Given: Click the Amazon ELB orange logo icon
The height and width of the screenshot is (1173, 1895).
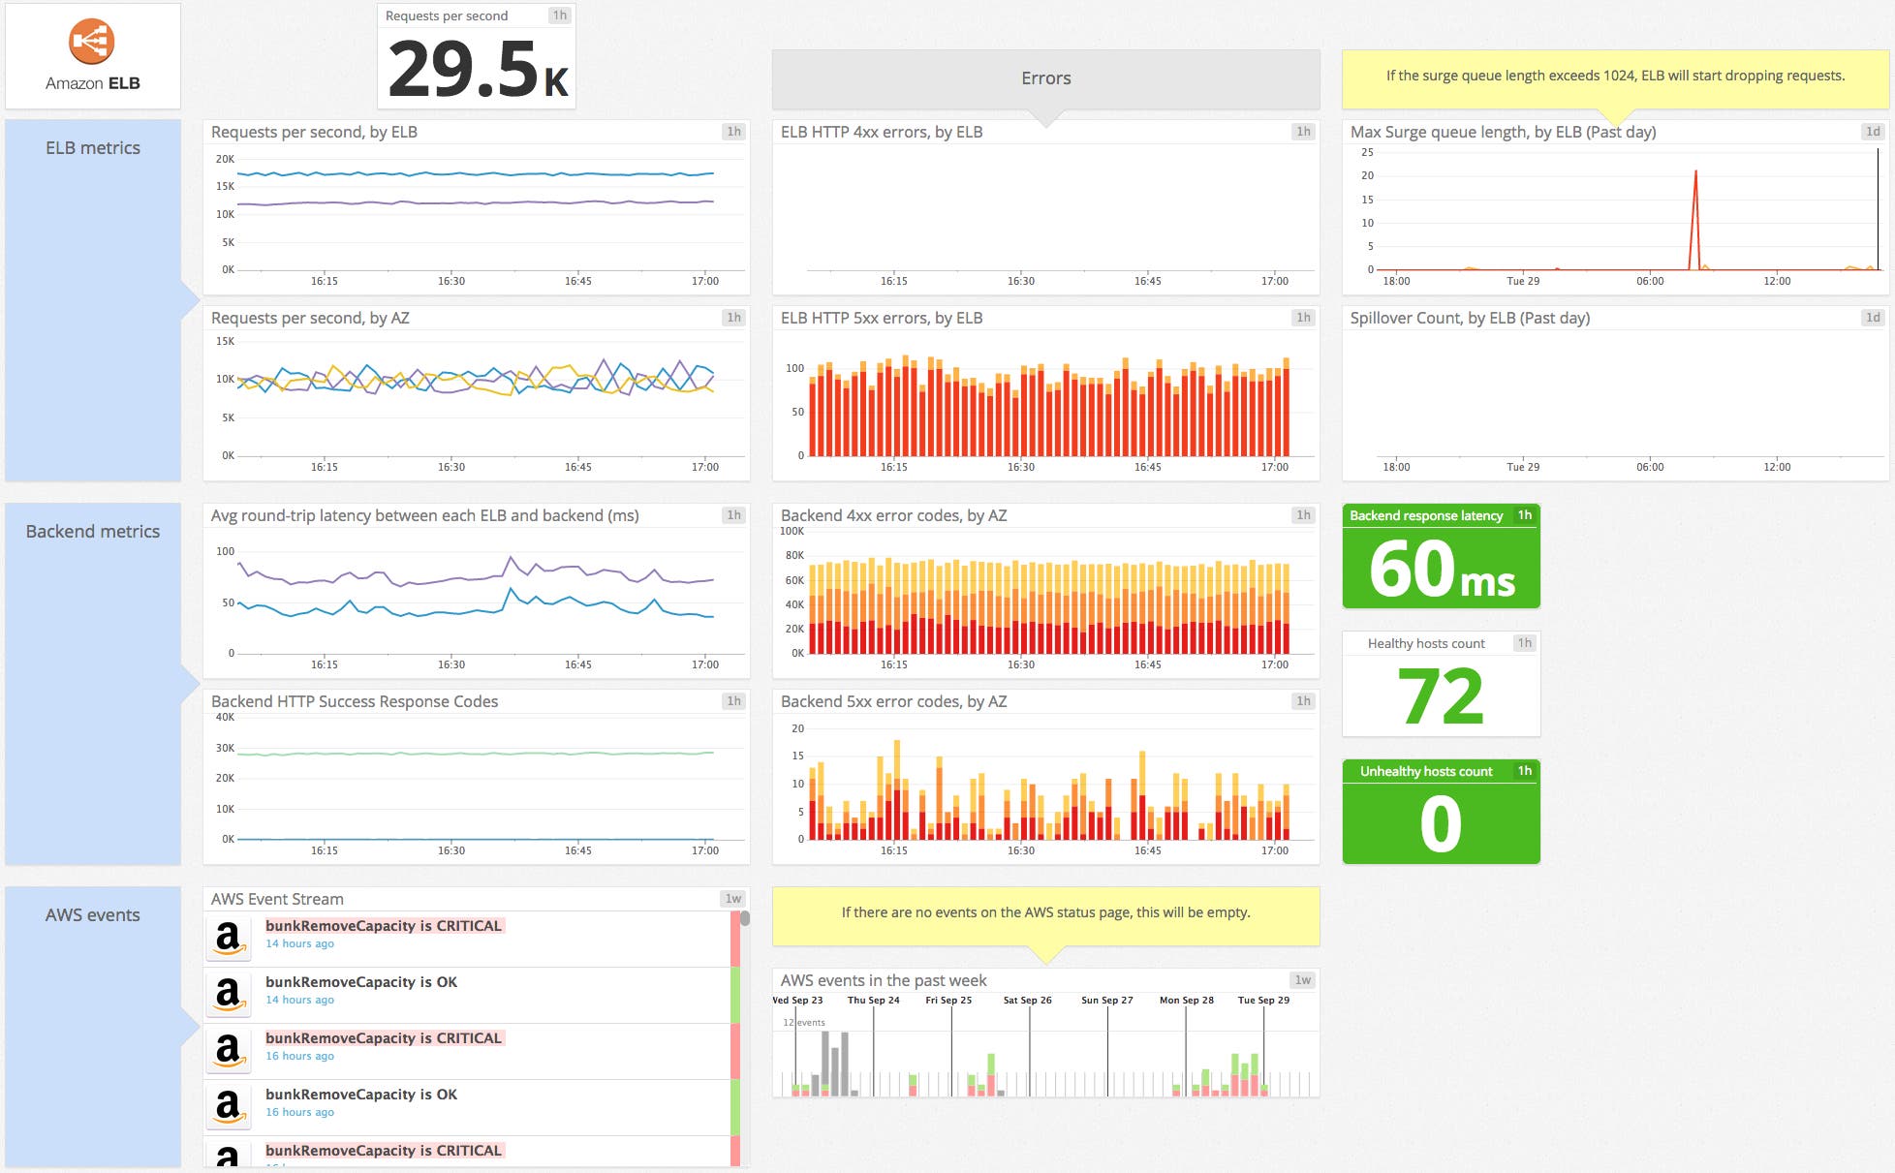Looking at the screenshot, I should tap(92, 42).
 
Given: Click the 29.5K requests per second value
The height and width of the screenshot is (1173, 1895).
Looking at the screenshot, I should tap(478, 70).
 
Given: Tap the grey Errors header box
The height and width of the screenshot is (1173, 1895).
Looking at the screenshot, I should tap(1045, 78).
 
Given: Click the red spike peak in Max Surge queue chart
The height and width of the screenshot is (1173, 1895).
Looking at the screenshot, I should tap(1695, 172).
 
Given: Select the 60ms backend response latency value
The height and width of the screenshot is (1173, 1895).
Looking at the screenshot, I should tap(1441, 570).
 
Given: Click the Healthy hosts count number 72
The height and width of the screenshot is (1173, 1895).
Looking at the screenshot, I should tap(1441, 696).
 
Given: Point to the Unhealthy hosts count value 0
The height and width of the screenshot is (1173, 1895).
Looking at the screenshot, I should tap(1441, 824).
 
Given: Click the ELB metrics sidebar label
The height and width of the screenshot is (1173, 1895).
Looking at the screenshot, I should tap(93, 148).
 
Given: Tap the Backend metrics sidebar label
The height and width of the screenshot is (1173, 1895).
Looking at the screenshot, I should tap(93, 532).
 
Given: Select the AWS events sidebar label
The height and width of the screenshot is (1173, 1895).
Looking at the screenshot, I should tap(93, 915).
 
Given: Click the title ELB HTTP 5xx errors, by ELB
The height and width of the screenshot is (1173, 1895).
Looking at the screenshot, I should tap(882, 318).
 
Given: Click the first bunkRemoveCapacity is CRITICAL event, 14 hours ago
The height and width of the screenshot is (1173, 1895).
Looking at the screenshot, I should tap(384, 926).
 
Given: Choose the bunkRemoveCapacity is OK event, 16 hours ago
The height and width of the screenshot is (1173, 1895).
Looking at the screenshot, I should tap(361, 1095).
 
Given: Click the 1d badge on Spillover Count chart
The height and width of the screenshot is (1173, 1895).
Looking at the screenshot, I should tap(1873, 318).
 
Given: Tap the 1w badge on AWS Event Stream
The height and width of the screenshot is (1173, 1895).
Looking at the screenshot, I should tap(733, 899).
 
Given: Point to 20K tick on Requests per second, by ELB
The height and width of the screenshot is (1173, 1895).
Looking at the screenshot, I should tap(225, 159).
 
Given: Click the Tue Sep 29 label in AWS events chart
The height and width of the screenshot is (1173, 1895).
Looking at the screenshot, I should tap(1263, 1001).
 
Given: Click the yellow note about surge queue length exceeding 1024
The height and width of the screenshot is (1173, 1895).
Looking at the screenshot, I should tap(1615, 76).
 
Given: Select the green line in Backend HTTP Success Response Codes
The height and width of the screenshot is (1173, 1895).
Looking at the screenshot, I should tap(475, 754).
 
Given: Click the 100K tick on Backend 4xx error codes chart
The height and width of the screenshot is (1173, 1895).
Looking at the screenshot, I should tap(792, 531).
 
